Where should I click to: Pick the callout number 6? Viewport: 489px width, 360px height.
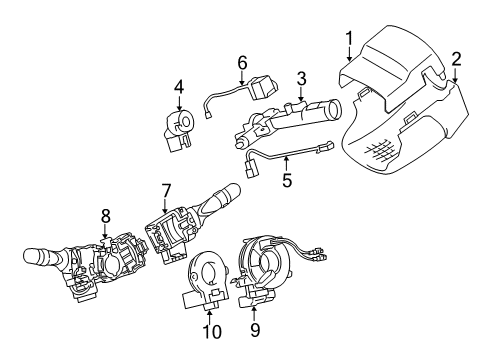click(x=241, y=62)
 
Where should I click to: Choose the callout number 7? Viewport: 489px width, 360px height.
click(x=166, y=188)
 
